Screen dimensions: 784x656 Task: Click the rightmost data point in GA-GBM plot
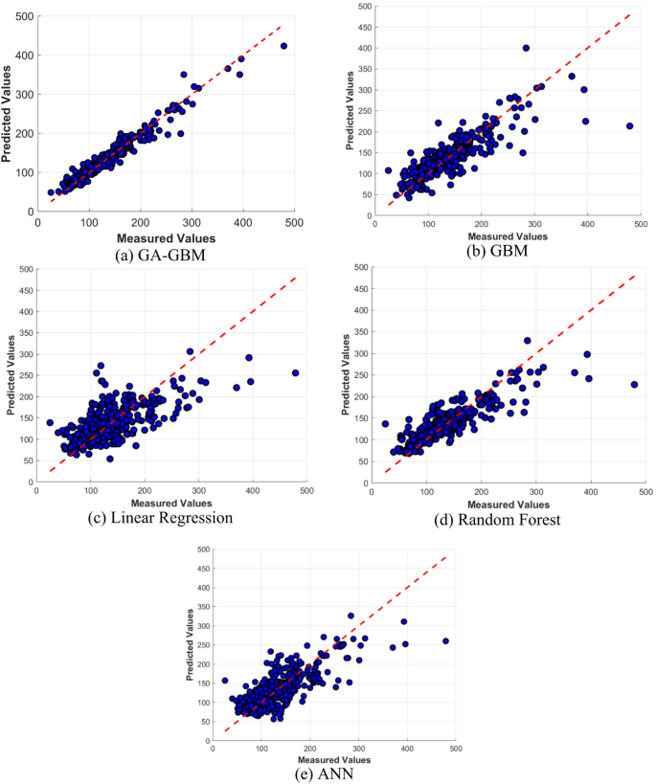pyautogui.click(x=283, y=46)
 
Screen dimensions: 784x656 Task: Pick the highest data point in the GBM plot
pyautogui.click(x=526, y=48)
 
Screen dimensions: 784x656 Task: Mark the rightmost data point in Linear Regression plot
pyautogui.click(x=295, y=372)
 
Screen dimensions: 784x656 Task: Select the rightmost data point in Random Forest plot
pyautogui.click(x=634, y=384)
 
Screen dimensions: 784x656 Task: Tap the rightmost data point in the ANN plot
pyautogui.click(x=445, y=640)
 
